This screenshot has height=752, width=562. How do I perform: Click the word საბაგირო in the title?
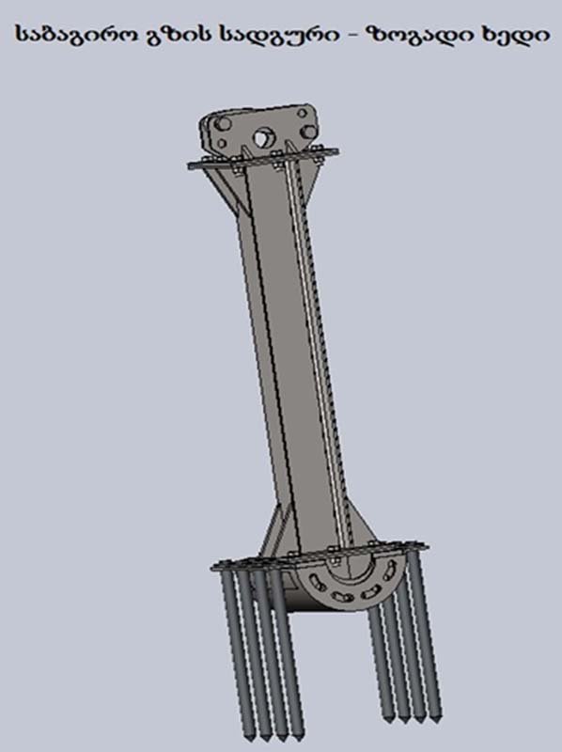(x=75, y=34)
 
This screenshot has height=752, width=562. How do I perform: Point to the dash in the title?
(x=354, y=35)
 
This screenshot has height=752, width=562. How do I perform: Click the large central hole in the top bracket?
(x=261, y=137)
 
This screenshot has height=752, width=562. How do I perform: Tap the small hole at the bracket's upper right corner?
(x=302, y=114)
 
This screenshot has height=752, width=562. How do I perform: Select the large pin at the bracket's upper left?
(x=222, y=124)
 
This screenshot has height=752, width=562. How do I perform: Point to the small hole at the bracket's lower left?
(x=222, y=144)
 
